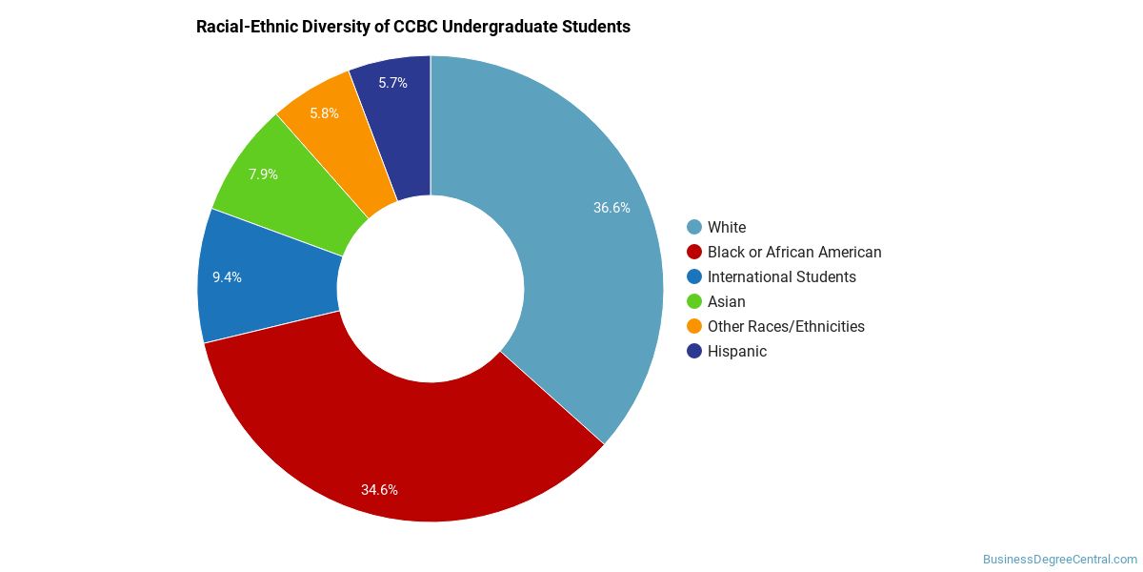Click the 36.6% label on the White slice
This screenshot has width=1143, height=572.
[x=612, y=208]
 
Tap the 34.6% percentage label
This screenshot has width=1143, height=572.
[x=379, y=490]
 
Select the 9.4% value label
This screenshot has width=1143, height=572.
[x=227, y=276]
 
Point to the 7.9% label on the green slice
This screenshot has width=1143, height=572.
[x=263, y=174]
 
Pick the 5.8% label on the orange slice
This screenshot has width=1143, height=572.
[x=325, y=112]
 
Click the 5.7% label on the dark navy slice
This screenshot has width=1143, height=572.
[x=392, y=83]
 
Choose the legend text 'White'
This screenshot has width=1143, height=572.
[x=727, y=227]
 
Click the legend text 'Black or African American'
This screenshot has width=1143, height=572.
[x=794, y=253]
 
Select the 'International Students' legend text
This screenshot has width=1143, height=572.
[x=782, y=276]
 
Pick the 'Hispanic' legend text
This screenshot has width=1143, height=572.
[x=737, y=352]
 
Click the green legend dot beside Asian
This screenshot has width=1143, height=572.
[x=694, y=302]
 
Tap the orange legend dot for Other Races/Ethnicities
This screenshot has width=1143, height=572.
[x=694, y=326]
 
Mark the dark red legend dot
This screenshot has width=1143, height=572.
[x=694, y=252]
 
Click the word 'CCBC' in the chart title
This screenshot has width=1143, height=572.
[x=415, y=27]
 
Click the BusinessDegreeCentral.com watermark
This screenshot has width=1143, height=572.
[x=1060, y=560]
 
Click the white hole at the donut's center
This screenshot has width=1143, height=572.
[x=431, y=289]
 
